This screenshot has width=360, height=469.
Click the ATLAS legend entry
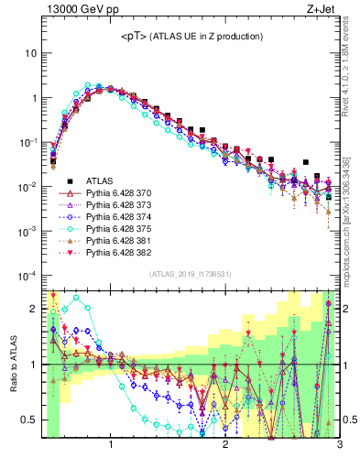101,181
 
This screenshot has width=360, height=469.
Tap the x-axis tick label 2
225,446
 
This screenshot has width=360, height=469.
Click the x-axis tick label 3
338,446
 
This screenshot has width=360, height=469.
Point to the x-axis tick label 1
111,446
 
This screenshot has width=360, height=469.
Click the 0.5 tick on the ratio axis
29,420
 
